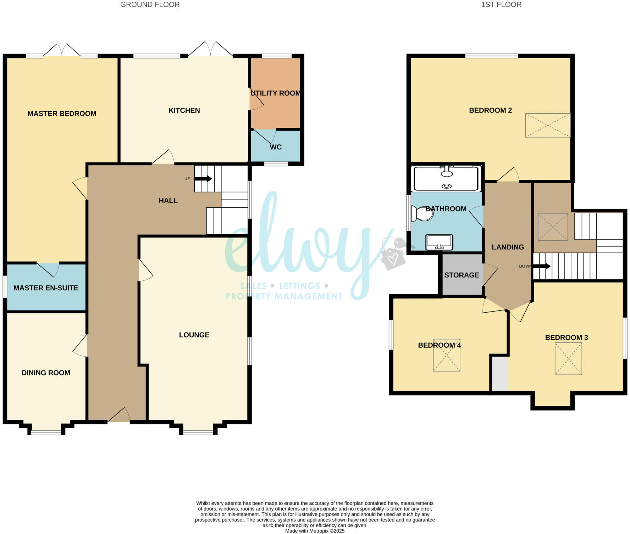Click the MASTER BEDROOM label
(62, 114)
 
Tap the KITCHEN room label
(184, 110)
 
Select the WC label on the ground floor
(276, 147)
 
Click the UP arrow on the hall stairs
(203, 179)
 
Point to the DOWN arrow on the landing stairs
(542, 266)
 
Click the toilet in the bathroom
(421, 214)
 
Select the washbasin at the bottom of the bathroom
(439, 242)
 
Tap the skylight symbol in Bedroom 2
(547, 125)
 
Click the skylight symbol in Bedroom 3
(568, 359)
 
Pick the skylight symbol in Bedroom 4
(446, 359)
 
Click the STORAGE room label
(462, 275)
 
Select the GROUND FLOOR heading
(150, 5)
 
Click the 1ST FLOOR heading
(501, 5)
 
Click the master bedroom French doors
(62, 50)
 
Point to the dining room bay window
(46, 432)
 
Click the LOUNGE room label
(194, 335)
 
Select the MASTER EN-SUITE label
(46, 288)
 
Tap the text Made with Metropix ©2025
(315, 531)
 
